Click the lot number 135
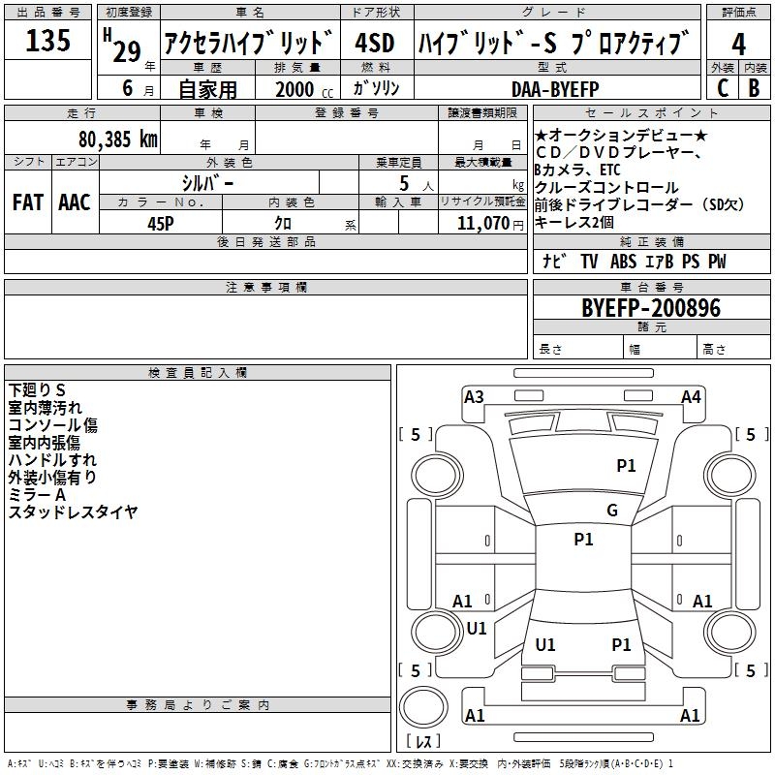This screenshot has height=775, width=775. tap(47, 40)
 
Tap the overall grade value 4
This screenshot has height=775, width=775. tap(738, 44)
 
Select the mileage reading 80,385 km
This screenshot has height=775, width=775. tap(118, 139)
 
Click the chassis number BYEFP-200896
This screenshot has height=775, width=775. tap(651, 308)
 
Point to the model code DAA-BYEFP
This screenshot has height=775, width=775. tap(555, 89)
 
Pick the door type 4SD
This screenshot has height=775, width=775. tap(375, 43)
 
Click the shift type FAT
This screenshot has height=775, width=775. tap(28, 202)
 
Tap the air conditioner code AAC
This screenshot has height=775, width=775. tap(75, 202)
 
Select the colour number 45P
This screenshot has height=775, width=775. tap(161, 224)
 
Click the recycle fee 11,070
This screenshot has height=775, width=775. tap(482, 224)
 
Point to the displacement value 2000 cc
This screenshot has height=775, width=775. tap(304, 89)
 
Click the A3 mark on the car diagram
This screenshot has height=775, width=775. tap(474, 397)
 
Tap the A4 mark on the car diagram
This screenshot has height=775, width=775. tap(691, 397)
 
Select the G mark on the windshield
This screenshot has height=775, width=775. tap(612, 511)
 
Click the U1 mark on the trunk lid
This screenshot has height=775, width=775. tap(545, 644)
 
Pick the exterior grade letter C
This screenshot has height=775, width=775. tap(723, 88)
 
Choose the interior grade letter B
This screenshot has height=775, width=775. tap(754, 88)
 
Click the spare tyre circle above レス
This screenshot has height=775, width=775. tap(423, 707)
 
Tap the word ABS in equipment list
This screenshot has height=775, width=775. tap(623, 262)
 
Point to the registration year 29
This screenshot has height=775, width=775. tap(127, 51)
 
